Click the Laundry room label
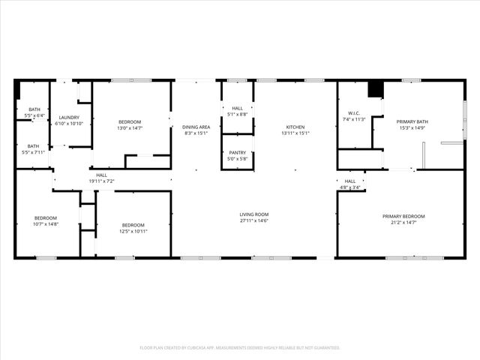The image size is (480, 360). [x=69, y=117]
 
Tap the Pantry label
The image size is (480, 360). [x=237, y=152]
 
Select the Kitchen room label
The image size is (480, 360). [x=295, y=127]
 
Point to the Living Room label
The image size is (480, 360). [x=254, y=214]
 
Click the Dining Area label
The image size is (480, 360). [x=196, y=127]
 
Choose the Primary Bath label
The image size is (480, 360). [x=412, y=121]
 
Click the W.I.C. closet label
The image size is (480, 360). [x=352, y=113]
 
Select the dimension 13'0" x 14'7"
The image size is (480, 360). [x=129, y=128]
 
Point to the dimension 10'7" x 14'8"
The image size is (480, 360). [x=46, y=223]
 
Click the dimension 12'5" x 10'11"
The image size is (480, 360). [x=133, y=231]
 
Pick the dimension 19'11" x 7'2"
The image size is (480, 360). [x=101, y=181]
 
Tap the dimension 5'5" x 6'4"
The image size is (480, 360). [x=34, y=115]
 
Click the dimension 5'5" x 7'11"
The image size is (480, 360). [x=34, y=152]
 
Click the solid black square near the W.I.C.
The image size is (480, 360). [x=375, y=89]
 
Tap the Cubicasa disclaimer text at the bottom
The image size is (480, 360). [x=240, y=348]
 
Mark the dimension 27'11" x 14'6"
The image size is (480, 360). [x=254, y=220]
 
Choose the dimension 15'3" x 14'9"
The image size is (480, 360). [x=412, y=128]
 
